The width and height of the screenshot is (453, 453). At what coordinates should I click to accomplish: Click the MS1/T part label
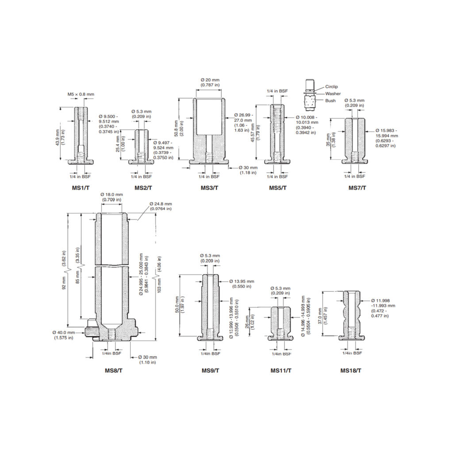click(81, 188)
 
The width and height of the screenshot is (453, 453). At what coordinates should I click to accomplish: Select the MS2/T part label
click(143, 188)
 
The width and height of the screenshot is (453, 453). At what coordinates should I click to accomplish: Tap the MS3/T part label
click(209, 188)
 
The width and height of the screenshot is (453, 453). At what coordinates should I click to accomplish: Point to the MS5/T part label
click(278, 188)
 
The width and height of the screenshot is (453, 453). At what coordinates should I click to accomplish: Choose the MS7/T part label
click(357, 188)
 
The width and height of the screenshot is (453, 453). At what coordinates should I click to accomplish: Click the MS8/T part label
click(114, 370)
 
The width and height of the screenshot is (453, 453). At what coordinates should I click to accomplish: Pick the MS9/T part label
click(210, 370)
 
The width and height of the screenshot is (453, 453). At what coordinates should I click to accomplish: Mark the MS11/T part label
click(281, 370)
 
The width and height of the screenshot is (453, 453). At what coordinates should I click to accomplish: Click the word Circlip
click(331, 87)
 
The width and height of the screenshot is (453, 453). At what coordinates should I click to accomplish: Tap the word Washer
click(333, 94)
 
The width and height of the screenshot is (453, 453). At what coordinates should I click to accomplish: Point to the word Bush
click(330, 101)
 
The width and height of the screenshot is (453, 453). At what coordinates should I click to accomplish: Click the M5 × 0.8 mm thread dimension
click(81, 94)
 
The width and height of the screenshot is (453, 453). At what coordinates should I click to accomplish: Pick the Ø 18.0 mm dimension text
click(111, 194)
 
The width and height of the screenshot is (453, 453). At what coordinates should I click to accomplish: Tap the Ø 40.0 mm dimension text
click(65, 332)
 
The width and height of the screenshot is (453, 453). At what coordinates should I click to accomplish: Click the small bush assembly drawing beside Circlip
click(310, 94)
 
